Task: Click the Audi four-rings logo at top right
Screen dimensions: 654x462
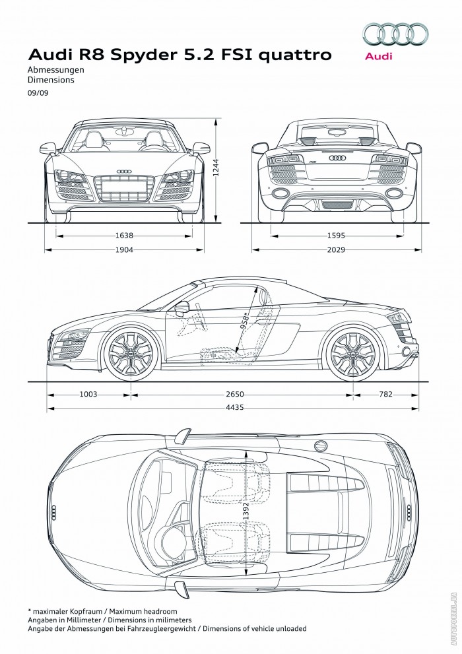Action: [395, 34]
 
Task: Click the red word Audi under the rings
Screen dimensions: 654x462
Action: [378, 57]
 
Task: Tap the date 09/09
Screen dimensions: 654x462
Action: [38, 93]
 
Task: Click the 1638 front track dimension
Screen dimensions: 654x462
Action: [124, 234]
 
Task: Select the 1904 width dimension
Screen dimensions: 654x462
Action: [124, 249]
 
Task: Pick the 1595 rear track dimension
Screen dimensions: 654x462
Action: [336, 234]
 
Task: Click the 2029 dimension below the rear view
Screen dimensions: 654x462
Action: [336, 249]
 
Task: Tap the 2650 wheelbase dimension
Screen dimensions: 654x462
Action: [235, 394]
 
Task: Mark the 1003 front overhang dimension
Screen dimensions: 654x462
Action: [88, 394]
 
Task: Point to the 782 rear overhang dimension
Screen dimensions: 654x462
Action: [385, 394]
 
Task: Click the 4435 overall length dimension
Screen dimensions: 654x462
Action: [234, 408]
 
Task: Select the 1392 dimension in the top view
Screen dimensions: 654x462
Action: [246, 502]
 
